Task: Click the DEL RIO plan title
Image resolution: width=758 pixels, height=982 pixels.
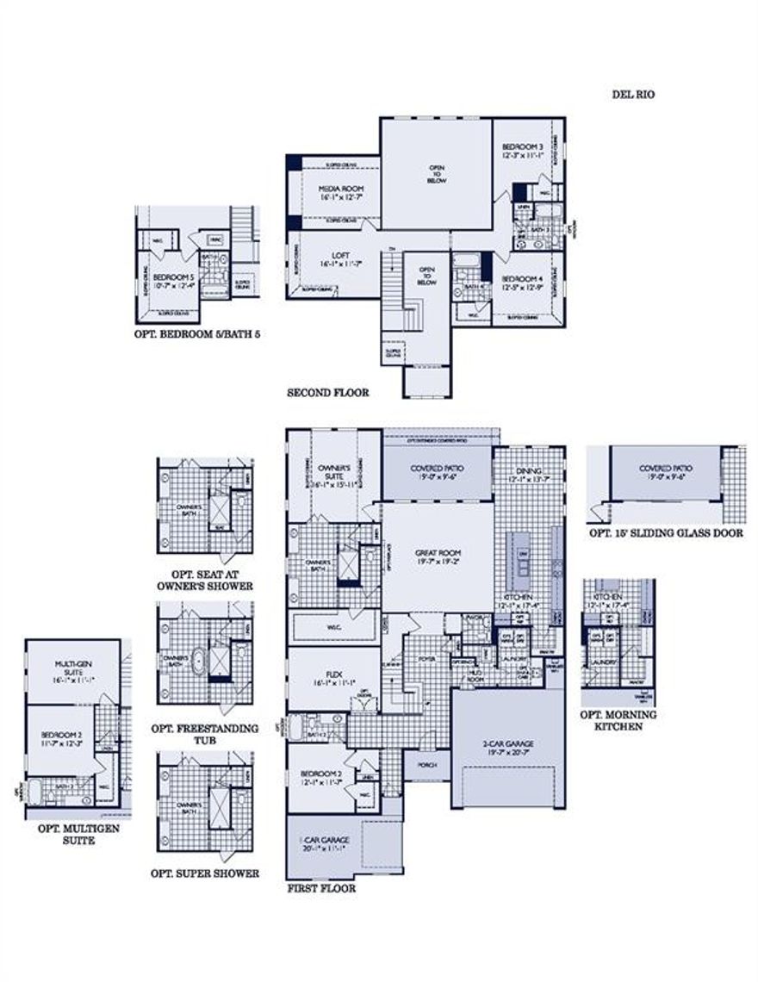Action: point(634,94)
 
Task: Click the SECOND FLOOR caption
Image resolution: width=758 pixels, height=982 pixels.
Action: point(327,392)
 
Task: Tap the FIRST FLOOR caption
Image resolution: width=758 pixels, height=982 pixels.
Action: point(320,886)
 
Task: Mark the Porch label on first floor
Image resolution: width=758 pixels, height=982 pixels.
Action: point(426,764)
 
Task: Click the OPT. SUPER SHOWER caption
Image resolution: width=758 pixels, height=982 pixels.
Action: point(204,873)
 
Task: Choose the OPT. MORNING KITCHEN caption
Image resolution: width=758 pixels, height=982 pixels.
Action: point(618,720)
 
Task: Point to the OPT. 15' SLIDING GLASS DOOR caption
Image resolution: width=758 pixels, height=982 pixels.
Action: point(666,533)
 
